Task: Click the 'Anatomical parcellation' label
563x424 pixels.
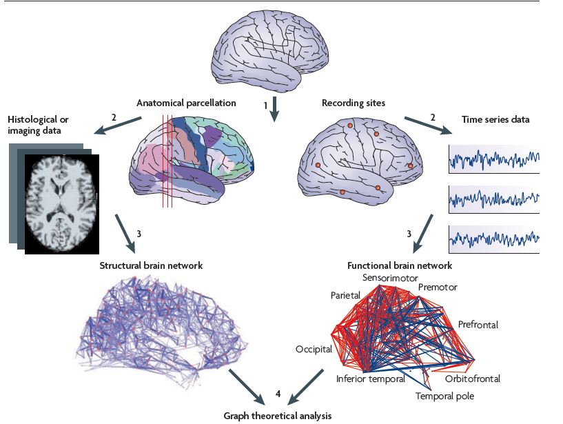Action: [x=187, y=103]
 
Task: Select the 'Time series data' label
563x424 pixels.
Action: [x=495, y=119]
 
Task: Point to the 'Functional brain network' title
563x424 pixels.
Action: [x=400, y=265]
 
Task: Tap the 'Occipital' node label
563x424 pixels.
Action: [x=314, y=349]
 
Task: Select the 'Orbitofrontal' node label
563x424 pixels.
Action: [x=472, y=378]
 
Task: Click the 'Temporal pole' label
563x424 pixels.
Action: [x=444, y=396]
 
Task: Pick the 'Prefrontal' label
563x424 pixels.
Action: [x=477, y=323]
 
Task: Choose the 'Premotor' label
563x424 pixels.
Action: [x=438, y=286]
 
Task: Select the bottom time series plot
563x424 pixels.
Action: [x=493, y=239]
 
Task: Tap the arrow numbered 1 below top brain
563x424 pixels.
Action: [x=275, y=109]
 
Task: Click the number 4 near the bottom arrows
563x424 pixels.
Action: [x=278, y=393]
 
